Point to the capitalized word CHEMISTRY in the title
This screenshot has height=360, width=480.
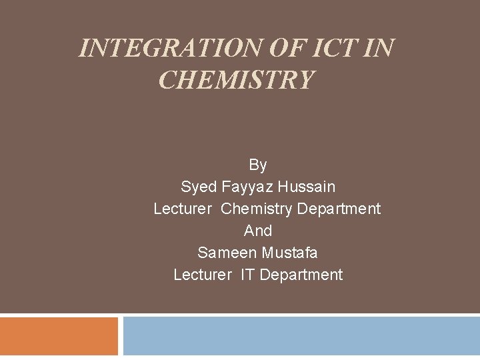[x=236, y=80]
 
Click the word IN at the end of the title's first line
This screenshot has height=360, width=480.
[x=380, y=48]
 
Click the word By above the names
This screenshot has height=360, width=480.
[x=258, y=165]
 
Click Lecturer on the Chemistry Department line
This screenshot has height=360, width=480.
[x=183, y=209]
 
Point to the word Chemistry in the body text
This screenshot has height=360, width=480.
[x=257, y=209]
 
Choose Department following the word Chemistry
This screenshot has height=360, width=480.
[x=339, y=209]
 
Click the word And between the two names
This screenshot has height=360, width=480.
[x=258, y=231]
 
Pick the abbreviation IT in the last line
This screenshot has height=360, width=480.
[x=247, y=275]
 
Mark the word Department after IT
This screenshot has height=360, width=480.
[x=301, y=275]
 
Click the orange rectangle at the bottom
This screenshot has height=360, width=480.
[x=59, y=336]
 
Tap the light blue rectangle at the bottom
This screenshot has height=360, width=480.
[x=301, y=336]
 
